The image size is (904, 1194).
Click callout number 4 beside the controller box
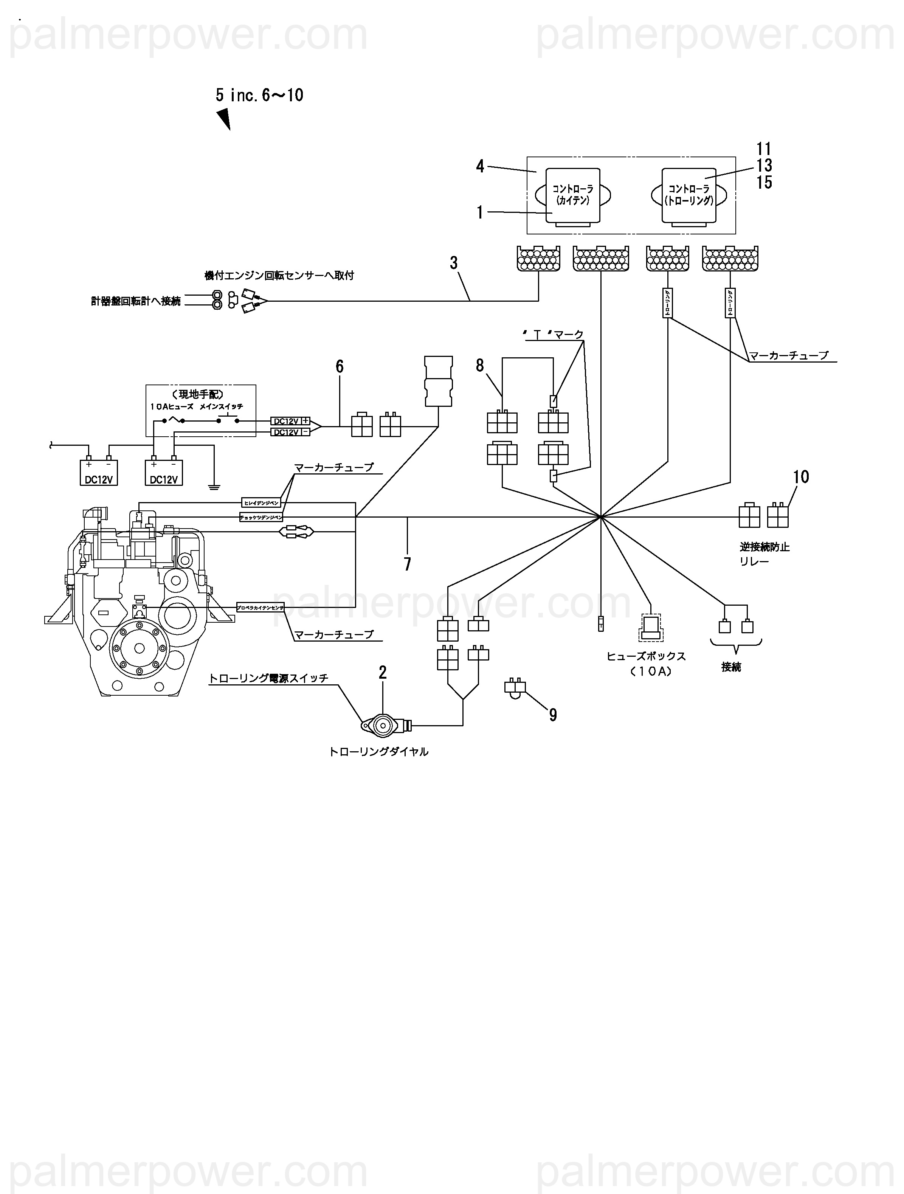coord(480,166)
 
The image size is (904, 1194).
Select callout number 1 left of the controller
coord(479,213)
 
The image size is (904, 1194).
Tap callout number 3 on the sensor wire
coord(453,264)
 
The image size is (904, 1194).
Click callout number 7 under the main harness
coord(408,564)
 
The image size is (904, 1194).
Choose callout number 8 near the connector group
coord(480,366)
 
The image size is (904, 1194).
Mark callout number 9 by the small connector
coord(553,715)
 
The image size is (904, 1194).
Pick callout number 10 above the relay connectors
coord(801,477)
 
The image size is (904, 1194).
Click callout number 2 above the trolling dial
coord(383,673)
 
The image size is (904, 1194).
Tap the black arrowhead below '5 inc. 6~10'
coord(224,119)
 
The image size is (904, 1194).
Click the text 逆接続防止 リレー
coord(764,554)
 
